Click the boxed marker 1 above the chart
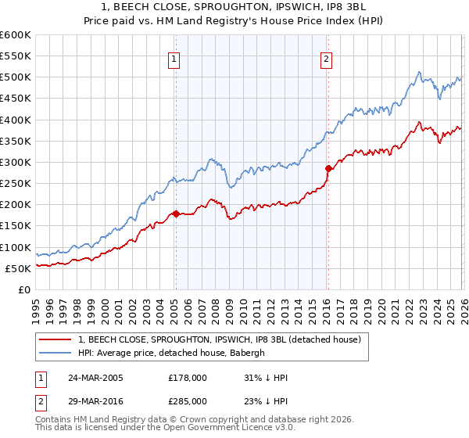coord(174,57)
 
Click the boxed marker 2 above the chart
coord(325,57)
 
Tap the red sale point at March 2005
coord(176,214)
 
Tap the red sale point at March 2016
coord(328,167)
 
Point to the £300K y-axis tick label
coord(15,163)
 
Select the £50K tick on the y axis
coord(17,268)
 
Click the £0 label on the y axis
coord(23,289)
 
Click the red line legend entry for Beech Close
coord(219,339)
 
